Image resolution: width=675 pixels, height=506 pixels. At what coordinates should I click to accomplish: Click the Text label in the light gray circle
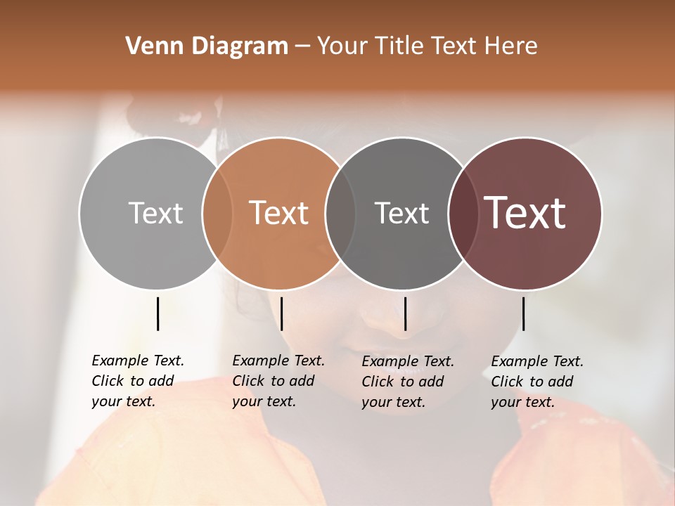(x=155, y=213)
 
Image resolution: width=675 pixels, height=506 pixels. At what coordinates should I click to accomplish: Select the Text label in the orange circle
(x=279, y=213)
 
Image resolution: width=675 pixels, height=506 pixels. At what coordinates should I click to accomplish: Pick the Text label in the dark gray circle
(x=401, y=213)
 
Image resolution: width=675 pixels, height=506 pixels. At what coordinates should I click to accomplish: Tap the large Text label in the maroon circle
(x=525, y=213)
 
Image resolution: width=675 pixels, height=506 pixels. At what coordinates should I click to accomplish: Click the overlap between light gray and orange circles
(x=217, y=213)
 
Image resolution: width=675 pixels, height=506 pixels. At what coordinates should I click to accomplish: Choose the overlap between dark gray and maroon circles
(x=463, y=213)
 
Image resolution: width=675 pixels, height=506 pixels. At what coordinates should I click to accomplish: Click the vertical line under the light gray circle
(x=158, y=313)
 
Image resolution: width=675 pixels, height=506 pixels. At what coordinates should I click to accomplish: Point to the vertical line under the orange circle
(x=281, y=313)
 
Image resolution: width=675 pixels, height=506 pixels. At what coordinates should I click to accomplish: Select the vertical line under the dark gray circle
(x=406, y=313)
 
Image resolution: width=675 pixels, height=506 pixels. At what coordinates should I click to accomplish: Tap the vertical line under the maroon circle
(x=523, y=313)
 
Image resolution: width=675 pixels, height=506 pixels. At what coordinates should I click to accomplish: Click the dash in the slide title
(x=302, y=47)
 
